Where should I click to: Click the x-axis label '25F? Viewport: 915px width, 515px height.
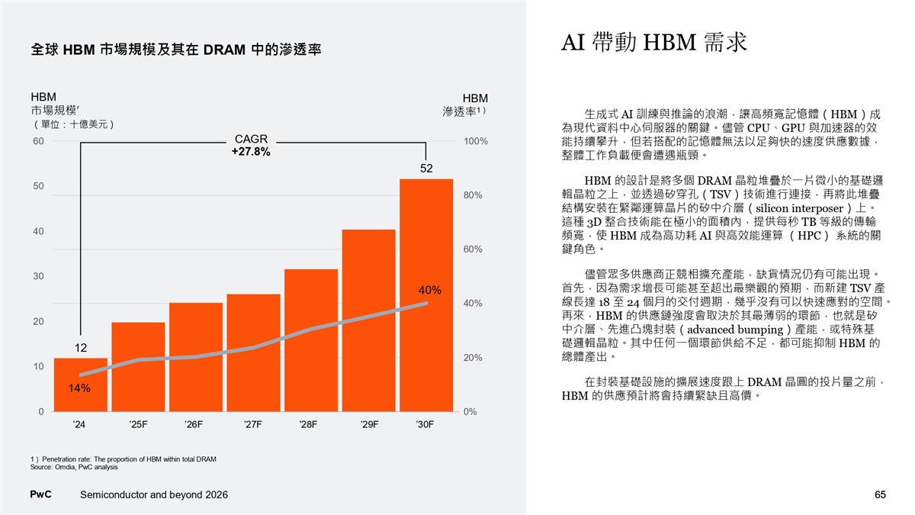(x=138, y=423)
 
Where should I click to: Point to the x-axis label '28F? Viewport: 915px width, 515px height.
(x=311, y=423)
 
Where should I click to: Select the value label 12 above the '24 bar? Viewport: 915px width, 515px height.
(x=81, y=348)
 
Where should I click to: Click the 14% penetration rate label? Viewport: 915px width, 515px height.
(x=79, y=388)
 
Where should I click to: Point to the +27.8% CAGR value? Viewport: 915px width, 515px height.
(x=250, y=152)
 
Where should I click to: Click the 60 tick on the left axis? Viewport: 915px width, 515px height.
(x=38, y=141)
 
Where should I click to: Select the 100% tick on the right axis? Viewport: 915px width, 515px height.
(x=477, y=142)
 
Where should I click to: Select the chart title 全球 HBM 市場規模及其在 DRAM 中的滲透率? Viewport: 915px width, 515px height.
(x=176, y=50)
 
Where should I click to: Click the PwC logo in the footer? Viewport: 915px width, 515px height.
(x=40, y=495)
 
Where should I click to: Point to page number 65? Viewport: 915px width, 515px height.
(x=880, y=495)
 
